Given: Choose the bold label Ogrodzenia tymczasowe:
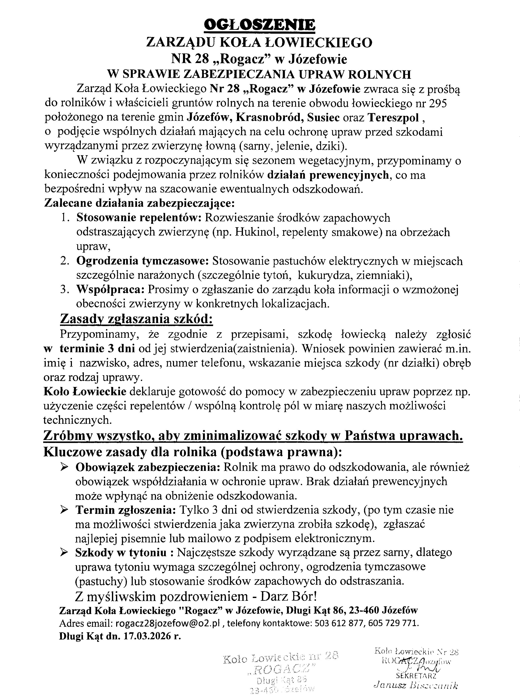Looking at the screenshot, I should tap(143, 261).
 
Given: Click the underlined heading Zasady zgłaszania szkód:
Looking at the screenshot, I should tap(136, 319).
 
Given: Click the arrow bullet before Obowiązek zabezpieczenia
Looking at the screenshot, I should tap(64, 467).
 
